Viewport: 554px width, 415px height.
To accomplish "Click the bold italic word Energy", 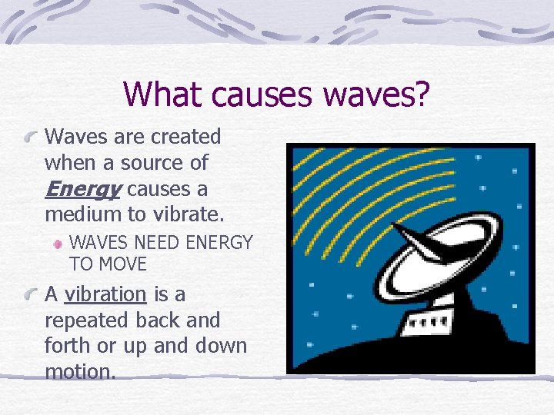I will point(83,189).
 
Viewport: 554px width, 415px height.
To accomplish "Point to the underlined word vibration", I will point(105,294).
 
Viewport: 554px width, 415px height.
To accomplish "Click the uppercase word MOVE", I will point(122,264).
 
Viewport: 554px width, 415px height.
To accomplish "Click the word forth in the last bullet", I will point(67,346).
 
